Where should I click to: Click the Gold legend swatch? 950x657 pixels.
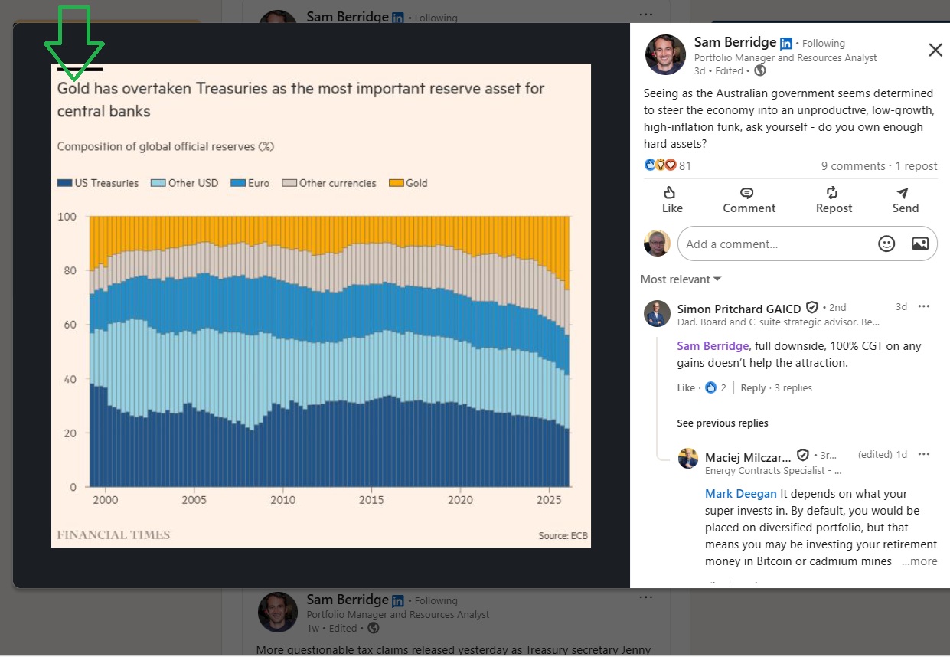(x=396, y=183)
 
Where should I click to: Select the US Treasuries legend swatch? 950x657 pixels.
(x=64, y=183)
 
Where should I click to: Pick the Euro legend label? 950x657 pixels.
(x=259, y=183)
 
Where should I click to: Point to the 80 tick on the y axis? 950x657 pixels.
(x=70, y=270)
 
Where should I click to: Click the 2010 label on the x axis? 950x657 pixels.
(x=283, y=500)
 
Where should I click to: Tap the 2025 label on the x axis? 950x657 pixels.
(x=549, y=500)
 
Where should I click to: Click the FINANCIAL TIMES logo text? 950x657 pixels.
(x=113, y=534)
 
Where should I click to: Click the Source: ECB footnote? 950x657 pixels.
(x=563, y=536)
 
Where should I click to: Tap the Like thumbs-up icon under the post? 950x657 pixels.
(x=669, y=192)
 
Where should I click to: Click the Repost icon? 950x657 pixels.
(x=831, y=192)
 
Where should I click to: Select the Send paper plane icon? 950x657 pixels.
(x=903, y=193)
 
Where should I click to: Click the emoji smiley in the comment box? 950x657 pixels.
(x=886, y=244)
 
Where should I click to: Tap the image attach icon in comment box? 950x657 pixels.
(x=920, y=244)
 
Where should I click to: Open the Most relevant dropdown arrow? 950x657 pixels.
(x=717, y=279)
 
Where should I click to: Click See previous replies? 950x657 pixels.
(x=722, y=423)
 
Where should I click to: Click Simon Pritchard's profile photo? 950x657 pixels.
(x=657, y=313)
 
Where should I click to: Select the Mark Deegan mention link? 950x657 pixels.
(x=740, y=494)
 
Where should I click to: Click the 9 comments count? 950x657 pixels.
(x=853, y=166)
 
